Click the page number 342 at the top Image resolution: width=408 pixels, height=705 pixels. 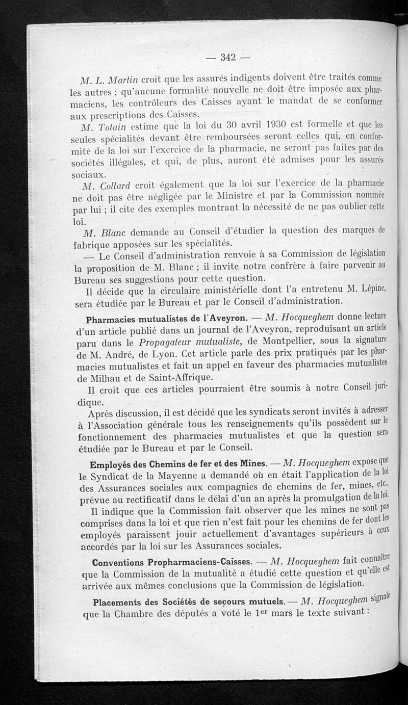[227, 57]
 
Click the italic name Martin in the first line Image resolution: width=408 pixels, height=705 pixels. [122, 80]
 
